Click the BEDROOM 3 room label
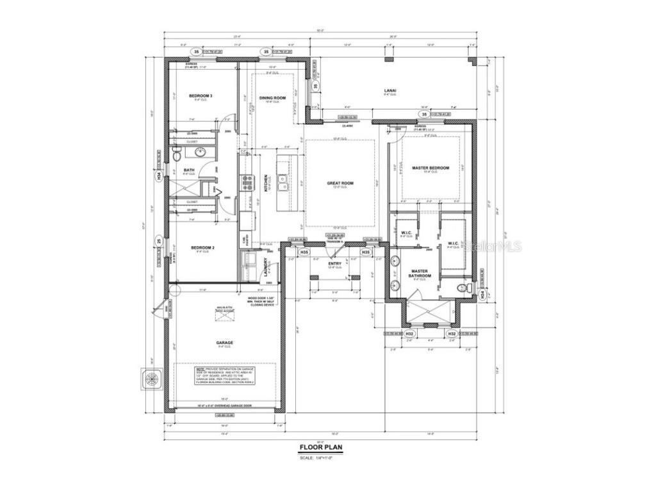coord(201,95)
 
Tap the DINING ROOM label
coord(272,98)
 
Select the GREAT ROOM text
coord(340,183)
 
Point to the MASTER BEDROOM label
coord(430,168)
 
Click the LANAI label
coord(389,91)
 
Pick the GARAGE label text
coord(224,343)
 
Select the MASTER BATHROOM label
coord(420,274)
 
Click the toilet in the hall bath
coord(177,156)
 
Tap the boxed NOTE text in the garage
coord(224,375)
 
